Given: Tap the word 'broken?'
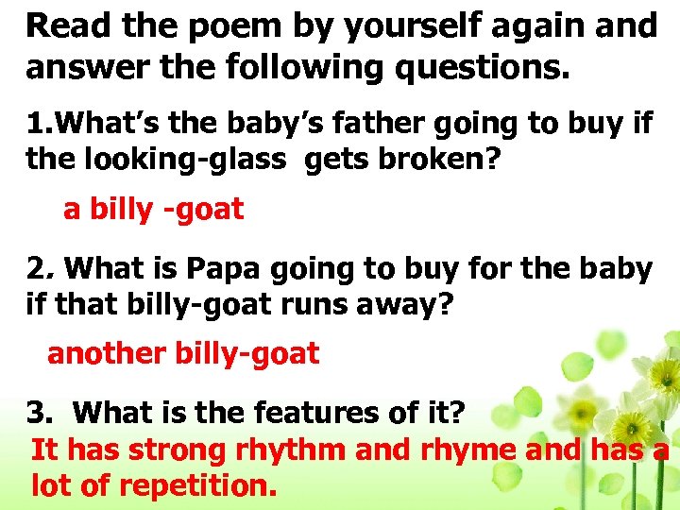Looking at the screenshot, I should coord(448,160).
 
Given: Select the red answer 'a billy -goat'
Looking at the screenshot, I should coord(153,209).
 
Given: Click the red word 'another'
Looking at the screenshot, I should coord(107,354).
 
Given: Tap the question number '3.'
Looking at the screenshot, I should coord(39,413).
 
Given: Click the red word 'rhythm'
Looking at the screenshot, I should coord(292,450).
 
